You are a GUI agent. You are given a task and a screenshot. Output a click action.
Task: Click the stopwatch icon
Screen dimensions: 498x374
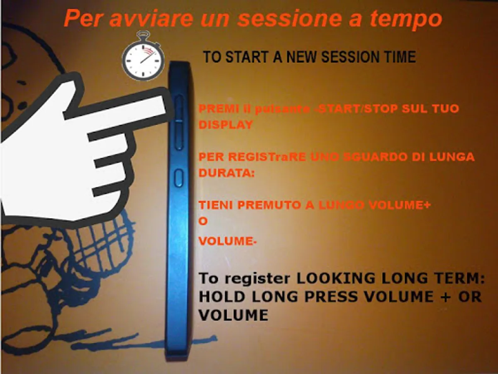[x=143, y=57]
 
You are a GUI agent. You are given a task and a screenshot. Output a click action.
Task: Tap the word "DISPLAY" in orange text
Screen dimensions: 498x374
[x=225, y=125]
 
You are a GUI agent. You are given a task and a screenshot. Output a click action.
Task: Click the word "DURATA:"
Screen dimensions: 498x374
[x=227, y=173]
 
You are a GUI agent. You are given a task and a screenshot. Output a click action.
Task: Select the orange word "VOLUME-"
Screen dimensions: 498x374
[x=227, y=241]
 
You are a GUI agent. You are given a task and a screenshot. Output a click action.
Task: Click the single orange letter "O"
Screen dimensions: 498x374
[x=203, y=221]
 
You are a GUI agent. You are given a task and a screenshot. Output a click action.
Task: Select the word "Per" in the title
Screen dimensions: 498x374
[x=82, y=19]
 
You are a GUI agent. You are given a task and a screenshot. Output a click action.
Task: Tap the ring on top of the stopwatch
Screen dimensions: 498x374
[x=144, y=35]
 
